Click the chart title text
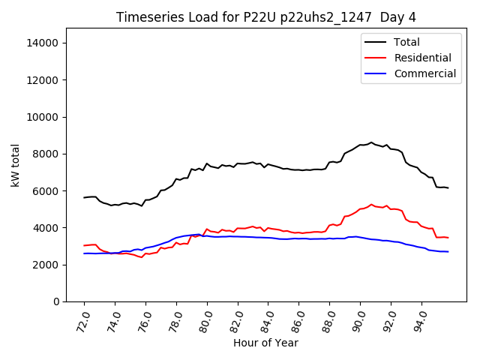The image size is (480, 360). tap(266, 17)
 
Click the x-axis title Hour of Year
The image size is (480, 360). tap(266, 343)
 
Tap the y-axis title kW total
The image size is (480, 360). tap(16, 165)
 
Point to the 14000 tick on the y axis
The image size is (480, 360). tap(43, 43)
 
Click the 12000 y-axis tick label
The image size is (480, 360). tap(43, 80)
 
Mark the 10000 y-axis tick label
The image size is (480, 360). tap(43, 117)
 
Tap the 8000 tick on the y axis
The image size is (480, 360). tap(46, 154)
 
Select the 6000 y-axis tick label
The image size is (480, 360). tap(46, 190)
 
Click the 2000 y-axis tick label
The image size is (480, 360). tap(46, 265)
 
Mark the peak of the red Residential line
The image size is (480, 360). tap(371, 204)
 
